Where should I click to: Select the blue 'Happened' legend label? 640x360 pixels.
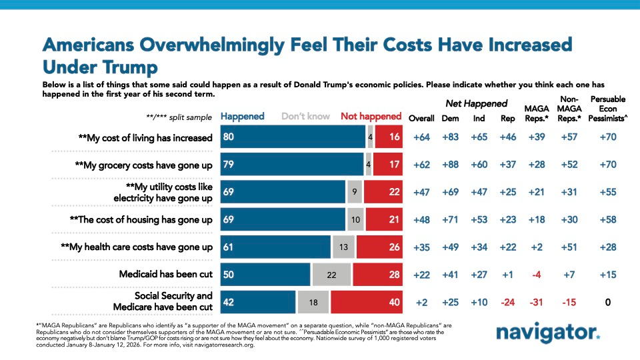tap(243, 116)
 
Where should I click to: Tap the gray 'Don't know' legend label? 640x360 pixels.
tap(305, 116)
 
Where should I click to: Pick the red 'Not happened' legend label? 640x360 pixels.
tap(371, 116)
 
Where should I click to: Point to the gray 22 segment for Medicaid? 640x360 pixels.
tap(331, 274)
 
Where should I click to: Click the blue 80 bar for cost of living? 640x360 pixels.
tap(293, 138)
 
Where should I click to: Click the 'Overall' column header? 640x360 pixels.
tap(421, 119)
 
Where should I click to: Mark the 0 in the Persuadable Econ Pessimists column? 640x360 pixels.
tap(608, 301)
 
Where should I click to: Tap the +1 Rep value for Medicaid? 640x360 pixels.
tap(508, 274)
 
